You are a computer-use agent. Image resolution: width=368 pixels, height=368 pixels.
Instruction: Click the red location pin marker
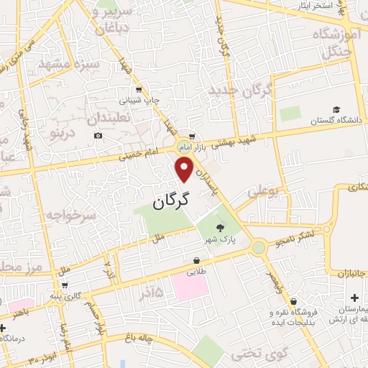point(185,170)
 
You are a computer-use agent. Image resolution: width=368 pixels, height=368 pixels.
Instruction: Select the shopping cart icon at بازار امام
point(191,135)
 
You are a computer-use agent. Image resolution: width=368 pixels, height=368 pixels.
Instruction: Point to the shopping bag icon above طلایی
point(196,260)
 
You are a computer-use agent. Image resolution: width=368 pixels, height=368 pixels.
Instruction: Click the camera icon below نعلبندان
point(98,135)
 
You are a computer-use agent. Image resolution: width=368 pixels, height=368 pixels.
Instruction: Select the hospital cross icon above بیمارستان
point(354,298)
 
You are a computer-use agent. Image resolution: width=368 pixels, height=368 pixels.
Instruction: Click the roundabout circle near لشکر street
point(258,248)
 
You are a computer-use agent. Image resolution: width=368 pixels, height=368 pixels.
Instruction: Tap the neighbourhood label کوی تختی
point(253,354)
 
